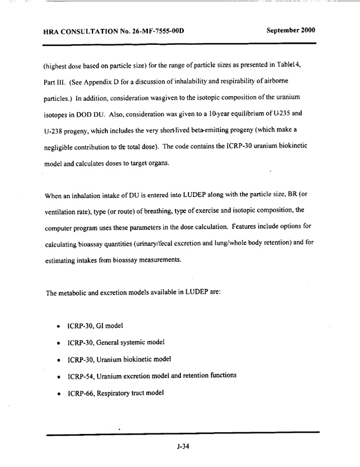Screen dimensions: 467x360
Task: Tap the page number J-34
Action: click(x=182, y=446)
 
